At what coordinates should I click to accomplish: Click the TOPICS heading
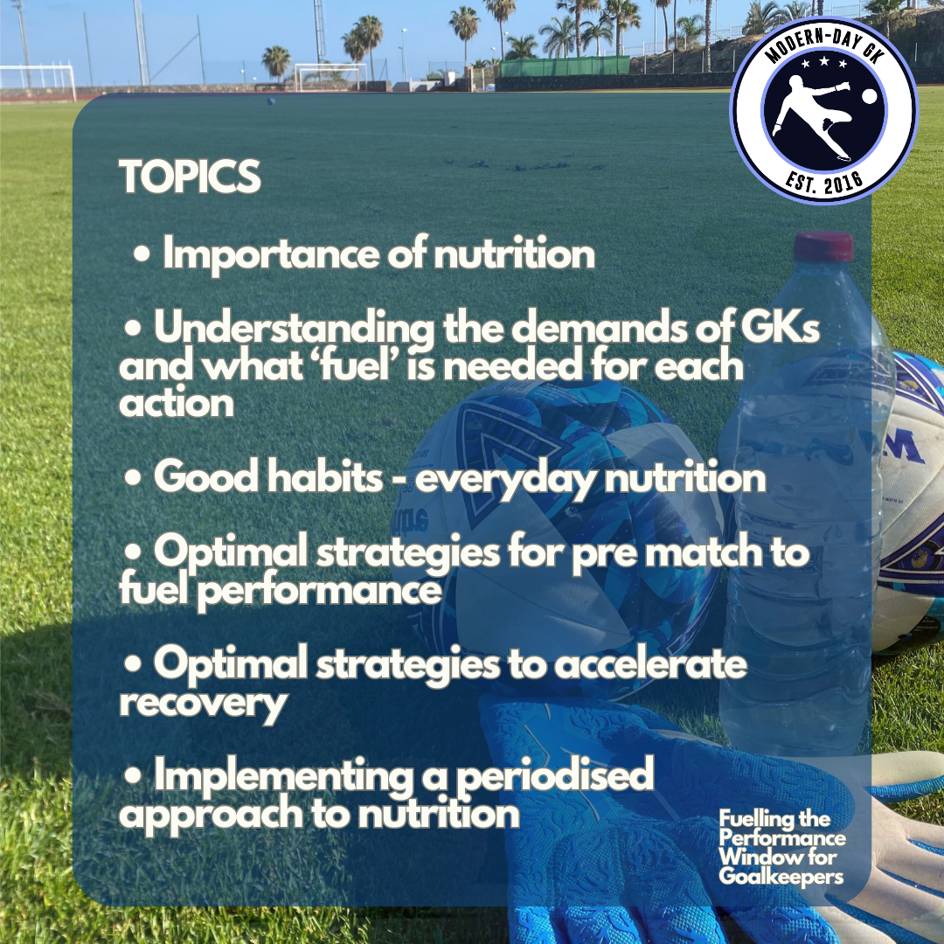click(x=191, y=177)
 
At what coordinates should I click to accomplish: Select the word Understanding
click(x=294, y=330)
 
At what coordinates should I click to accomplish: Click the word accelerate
click(x=652, y=665)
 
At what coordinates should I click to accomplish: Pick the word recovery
click(x=203, y=704)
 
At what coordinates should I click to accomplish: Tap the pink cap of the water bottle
click(x=824, y=246)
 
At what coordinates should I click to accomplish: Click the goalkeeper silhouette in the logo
click(x=809, y=122)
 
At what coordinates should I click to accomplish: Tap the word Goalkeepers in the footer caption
click(x=781, y=876)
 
